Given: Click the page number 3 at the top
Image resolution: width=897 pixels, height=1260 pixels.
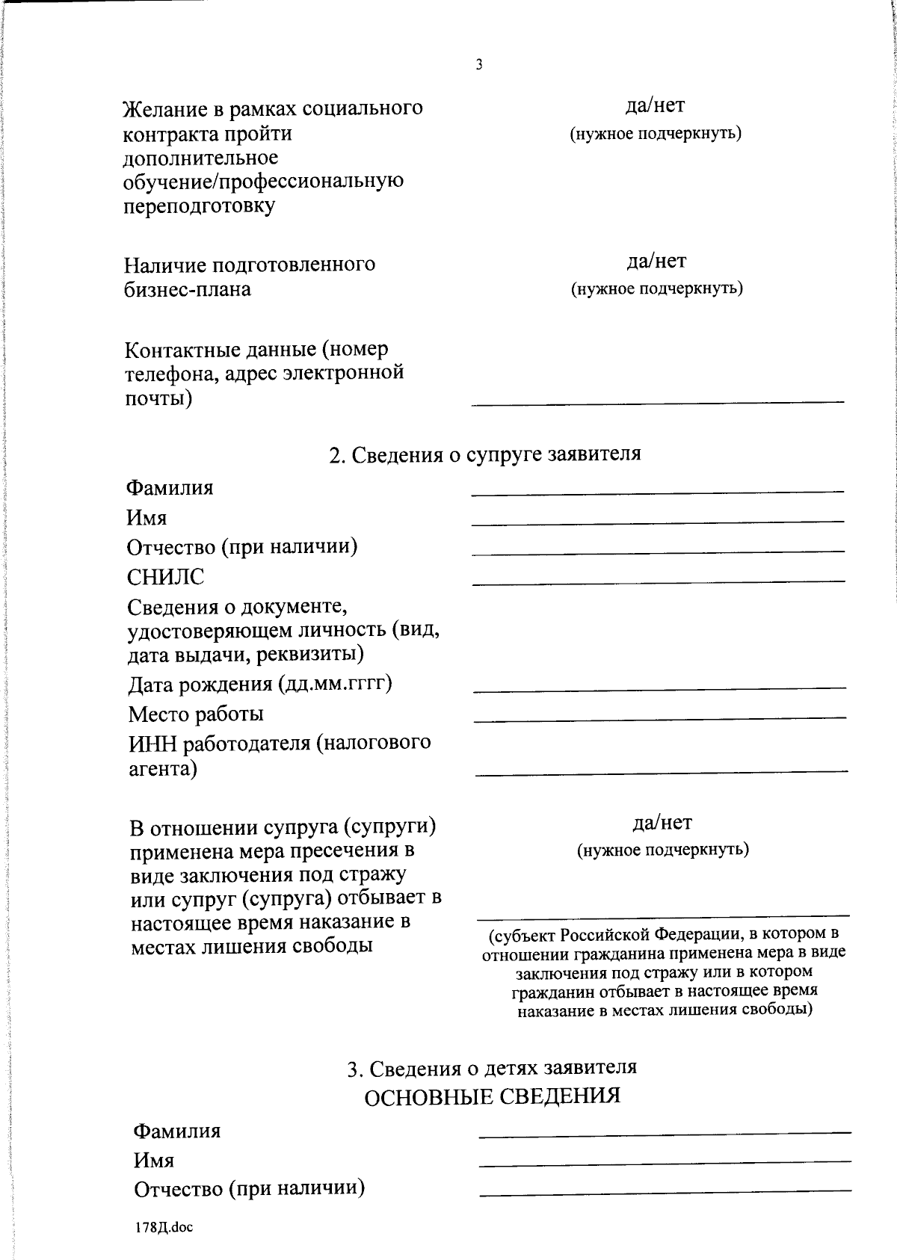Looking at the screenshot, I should click(x=479, y=65).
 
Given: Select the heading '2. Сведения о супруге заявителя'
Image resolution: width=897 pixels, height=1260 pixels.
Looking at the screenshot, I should click(x=485, y=454).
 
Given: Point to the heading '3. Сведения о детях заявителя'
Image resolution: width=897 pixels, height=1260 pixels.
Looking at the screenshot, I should click(x=492, y=1068).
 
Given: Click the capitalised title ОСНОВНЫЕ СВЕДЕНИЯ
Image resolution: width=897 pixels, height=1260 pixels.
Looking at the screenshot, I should click(x=492, y=1096).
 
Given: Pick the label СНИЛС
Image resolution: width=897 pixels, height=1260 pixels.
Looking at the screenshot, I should click(x=165, y=577).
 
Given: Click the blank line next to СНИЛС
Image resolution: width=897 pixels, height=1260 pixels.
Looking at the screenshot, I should click(x=658, y=580).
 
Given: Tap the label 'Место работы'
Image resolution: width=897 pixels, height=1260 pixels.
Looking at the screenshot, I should click(x=196, y=714).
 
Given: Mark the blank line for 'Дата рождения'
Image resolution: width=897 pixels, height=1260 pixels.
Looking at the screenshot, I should click(x=659, y=687).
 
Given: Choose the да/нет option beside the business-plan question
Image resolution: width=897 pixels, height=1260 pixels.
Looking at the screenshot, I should click(x=656, y=261).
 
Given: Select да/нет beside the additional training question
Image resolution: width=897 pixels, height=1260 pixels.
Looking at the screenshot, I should click(x=655, y=106).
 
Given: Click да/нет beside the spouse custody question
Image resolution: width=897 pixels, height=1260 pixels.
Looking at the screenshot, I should click(x=662, y=823).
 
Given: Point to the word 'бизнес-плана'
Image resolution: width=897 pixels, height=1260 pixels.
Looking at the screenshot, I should click(x=188, y=289).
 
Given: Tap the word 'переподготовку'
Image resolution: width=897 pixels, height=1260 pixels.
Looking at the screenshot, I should click(x=199, y=206).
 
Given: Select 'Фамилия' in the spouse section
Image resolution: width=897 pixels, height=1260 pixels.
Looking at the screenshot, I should click(x=170, y=488).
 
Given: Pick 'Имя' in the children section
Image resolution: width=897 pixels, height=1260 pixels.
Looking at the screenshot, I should click(x=154, y=1160).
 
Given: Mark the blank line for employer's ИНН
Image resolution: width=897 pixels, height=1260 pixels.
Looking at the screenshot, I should click(x=662, y=770).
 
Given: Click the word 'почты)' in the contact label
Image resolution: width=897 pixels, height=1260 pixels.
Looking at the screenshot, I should click(x=158, y=398).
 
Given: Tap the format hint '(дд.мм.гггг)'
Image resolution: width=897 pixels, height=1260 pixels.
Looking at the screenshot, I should click(x=335, y=684).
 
